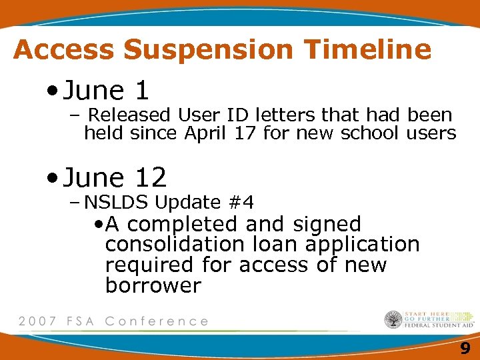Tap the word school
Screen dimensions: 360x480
(371, 133)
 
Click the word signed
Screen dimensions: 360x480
(325, 225)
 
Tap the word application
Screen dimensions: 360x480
(363, 245)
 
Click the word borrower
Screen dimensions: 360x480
(153, 286)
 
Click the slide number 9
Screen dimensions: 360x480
(465, 348)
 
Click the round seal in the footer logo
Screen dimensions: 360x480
(393, 320)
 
